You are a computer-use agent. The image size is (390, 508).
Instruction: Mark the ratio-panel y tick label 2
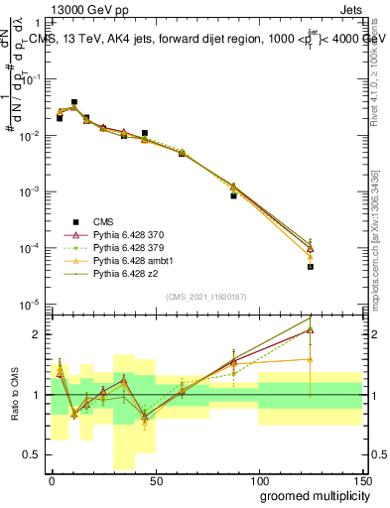click(x=38, y=334)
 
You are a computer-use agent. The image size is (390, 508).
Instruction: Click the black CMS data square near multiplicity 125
click(x=311, y=266)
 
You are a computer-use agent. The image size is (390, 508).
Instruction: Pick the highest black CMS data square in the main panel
click(x=74, y=102)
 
